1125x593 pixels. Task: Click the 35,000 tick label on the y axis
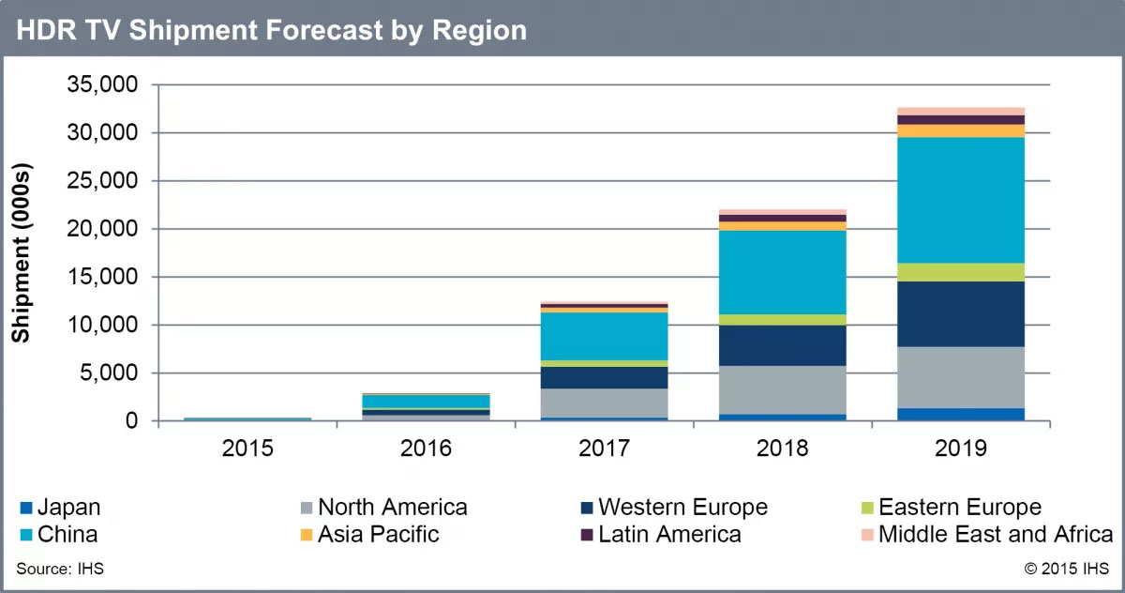pyautogui.click(x=102, y=85)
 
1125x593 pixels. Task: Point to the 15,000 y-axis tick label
pyautogui.click(x=102, y=278)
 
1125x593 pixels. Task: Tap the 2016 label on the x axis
pyautogui.click(x=426, y=449)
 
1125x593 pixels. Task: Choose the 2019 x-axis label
pyautogui.click(x=960, y=449)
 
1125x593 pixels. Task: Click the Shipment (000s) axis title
pyautogui.click(x=21, y=253)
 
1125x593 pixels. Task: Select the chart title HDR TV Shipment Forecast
pyautogui.click(x=272, y=30)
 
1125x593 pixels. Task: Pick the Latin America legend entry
pyautogui.click(x=669, y=535)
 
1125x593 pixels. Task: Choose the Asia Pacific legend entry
pyautogui.click(x=378, y=535)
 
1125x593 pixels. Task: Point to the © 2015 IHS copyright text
pyautogui.click(x=1067, y=568)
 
